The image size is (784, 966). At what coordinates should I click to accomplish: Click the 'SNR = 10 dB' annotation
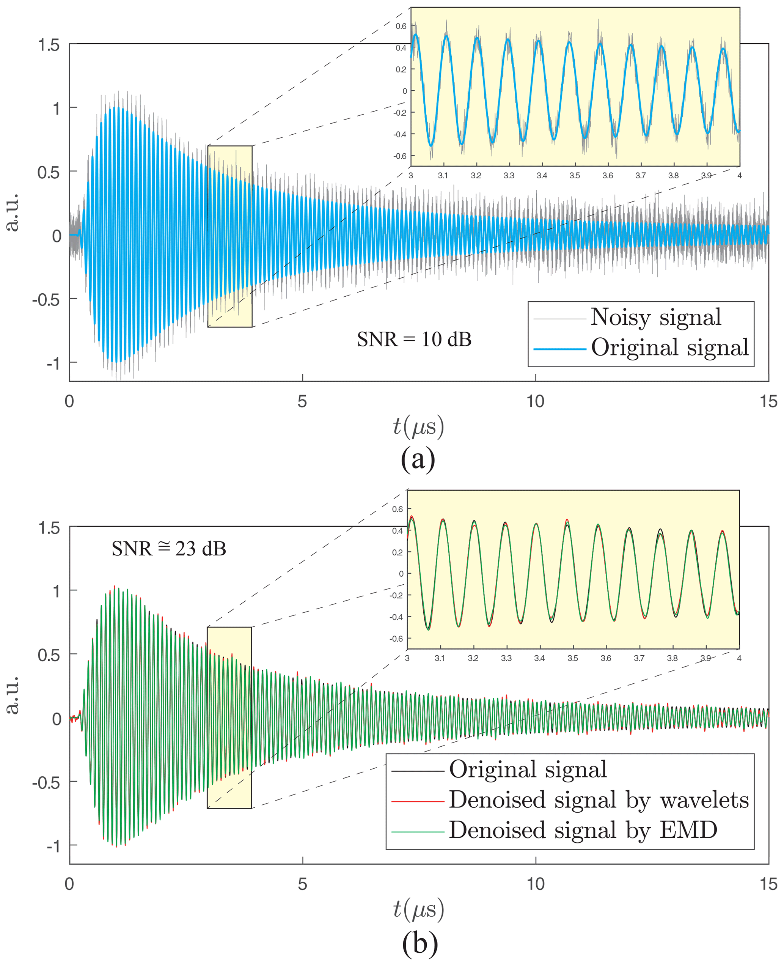coord(414,339)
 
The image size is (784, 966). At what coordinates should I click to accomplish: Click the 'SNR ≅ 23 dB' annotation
coord(168,549)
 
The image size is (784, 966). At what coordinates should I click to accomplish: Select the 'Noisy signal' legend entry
coord(656,317)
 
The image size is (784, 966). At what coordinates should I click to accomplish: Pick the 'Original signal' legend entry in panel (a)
coord(670,348)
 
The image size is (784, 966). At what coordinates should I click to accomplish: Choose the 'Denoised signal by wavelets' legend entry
coord(599,800)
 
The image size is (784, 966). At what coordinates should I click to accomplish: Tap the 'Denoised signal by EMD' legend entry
coord(583,830)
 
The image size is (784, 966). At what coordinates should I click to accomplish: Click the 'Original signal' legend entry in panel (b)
coord(528,769)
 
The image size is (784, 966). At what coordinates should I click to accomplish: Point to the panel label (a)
coord(418,459)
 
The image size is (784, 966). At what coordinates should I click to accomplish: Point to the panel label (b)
coord(419,943)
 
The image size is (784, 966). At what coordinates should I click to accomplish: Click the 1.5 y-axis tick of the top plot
coord(49,45)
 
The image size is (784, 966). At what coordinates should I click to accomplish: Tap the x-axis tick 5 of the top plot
coord(302,401)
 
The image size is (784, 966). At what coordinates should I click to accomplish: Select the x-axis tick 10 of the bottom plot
coord(536,884)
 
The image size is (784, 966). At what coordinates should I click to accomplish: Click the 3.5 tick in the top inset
coord(575,175)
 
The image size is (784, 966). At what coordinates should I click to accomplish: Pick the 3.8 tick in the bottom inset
coord(672,658)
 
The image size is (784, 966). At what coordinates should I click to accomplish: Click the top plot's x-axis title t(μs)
coord(418,426)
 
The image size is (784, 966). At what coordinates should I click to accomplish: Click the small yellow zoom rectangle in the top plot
coord(230,236)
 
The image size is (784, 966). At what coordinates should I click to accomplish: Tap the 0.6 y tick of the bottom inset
coord(397,509)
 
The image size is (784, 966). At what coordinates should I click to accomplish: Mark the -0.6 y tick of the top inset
coord(400,156)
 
